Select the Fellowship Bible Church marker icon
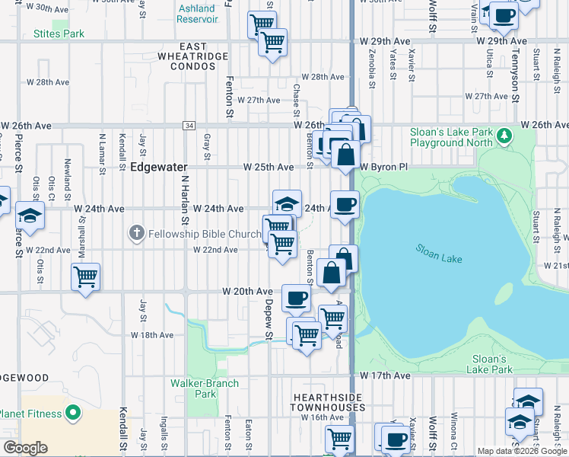pos(136,233)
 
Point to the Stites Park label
pos(59,34)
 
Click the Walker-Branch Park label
pos(205,388)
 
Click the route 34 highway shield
pos(189,125)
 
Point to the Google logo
pos(25,448)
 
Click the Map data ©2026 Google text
pos(522,451)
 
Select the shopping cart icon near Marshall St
pos(85,276)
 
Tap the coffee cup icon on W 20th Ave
pos(296,296)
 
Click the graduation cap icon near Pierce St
pos(30,215)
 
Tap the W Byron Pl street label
pos(384,167)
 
